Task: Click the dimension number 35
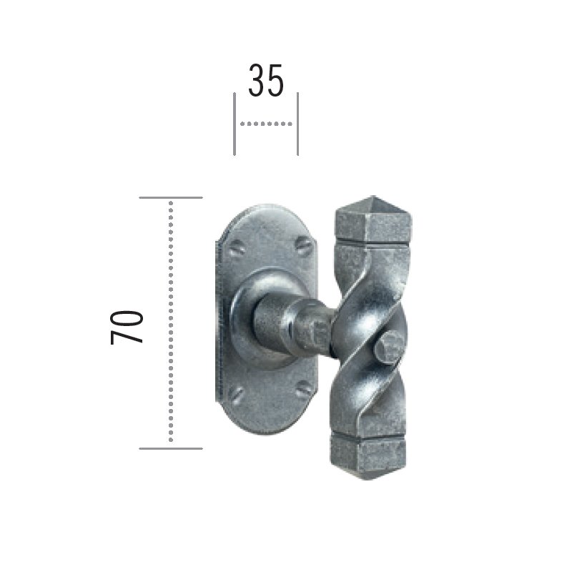coord(265,80)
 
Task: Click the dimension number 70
coord(127,327)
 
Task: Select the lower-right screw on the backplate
coord(303,389)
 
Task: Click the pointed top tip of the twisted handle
coord(373,196)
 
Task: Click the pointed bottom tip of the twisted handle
coord(367,478)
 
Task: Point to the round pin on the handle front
coord(388,347)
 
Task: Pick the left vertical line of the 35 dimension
coord(235,124)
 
